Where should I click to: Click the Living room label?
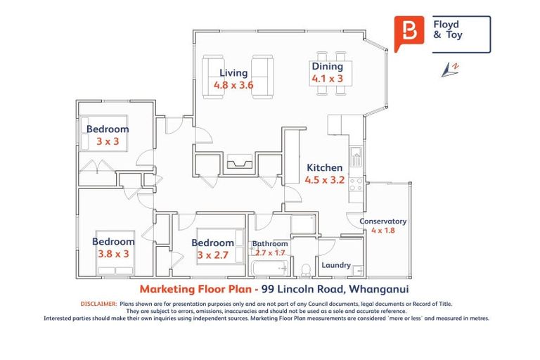(x=233, y=72)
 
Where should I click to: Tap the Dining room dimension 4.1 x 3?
(x=327, y=79)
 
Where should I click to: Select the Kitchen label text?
(x=324, y=167)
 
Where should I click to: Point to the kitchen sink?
(x=356, y=156)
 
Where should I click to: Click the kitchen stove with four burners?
(x=356, y=184)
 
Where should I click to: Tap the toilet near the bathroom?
(x=306, y=268)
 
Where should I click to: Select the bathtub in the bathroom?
(x=269, y=267)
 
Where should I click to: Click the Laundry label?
(x=335, y=265)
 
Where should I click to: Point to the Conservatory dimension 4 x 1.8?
(x=383, y=231)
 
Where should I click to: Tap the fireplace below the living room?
(x=239, y=164)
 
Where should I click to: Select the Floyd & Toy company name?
(x=448, y=30)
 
